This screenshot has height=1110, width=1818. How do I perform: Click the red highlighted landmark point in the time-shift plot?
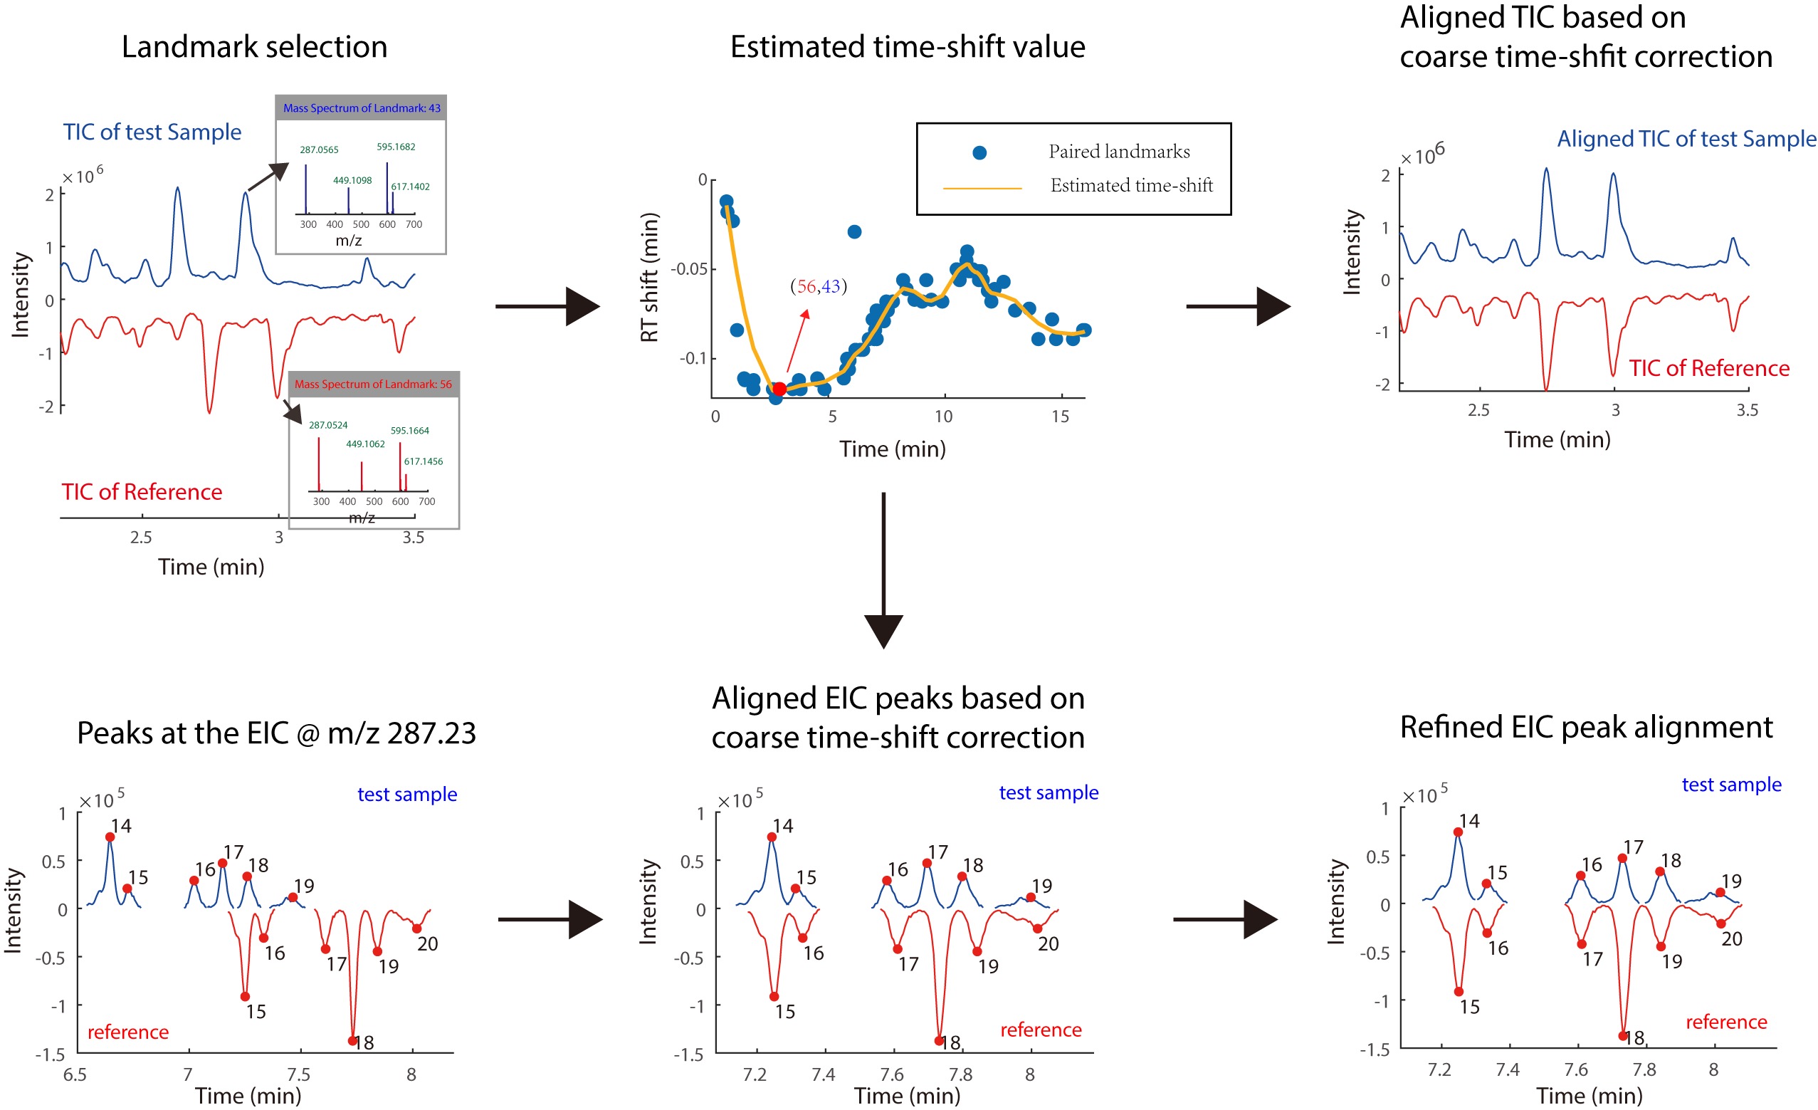pyautogui.click(x=779, y=389)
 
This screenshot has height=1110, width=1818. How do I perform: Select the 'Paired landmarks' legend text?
pyautogui.click(x=1118, y=152)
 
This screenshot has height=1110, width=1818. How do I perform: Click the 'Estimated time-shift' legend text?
pyautogui.click(x=1131, y=186)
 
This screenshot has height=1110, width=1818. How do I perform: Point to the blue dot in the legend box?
pyautogui.click(x=979, y=153)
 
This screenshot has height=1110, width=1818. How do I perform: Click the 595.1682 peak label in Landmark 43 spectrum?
pyautogui.click(x=396, y=147)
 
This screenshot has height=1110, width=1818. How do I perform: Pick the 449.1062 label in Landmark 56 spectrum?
pyautogui.click(x=365, y=444)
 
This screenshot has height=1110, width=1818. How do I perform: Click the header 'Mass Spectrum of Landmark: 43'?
pyautogui.click(x=362, y=108)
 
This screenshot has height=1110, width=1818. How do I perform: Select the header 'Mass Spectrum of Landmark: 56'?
pyautogui.click(x=373, y=384)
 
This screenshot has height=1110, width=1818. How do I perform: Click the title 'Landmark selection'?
pyautogui.click(x=254, y=47)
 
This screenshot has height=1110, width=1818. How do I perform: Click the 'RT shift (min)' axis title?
pyautogui.click(x=648, y=278)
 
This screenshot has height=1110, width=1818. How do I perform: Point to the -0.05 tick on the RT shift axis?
pyautogui.click(x=688, y=269)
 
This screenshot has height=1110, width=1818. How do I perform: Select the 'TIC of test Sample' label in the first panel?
pyautogui.click(x=152, y=132)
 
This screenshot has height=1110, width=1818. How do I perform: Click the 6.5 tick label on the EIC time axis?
pyautogui.click(x=75, y=1074)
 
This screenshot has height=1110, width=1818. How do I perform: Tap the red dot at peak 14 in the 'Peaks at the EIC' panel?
pyautogui.click(x=110, y=837)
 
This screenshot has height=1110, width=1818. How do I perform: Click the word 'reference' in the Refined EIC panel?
pyautogui.click(x=1725, y=1022)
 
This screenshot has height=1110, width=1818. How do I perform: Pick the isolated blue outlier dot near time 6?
pyautogui.click(x=854, y=231)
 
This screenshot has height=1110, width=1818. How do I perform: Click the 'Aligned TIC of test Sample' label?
pyautogui.click(x=1686, y=139)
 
